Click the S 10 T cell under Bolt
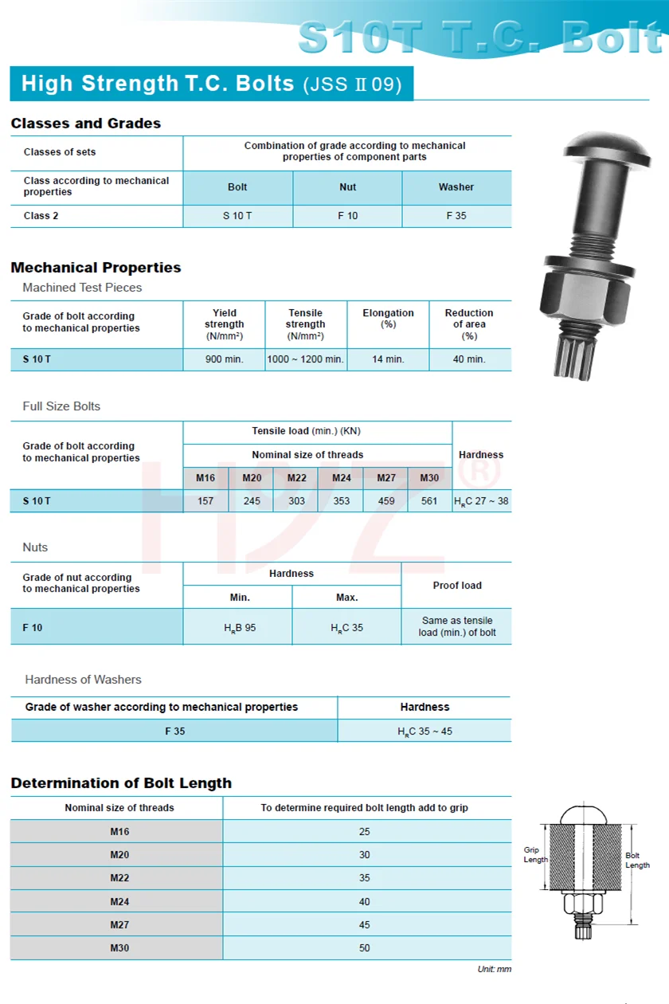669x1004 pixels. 237,216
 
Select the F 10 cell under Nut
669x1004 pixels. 347,216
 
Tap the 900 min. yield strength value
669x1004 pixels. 224,359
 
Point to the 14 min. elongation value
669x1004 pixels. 388,359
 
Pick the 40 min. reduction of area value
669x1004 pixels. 469,359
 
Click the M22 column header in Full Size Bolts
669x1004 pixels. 295,478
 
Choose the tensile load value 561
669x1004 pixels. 429,501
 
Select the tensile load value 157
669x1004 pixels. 205,501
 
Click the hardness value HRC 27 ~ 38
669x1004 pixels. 481,501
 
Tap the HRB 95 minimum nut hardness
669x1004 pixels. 240,628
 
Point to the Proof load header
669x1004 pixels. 457,586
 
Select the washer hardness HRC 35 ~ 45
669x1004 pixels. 424,731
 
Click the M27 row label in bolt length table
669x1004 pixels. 119,925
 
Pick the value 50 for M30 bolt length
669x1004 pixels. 364,948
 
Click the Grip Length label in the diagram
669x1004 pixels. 535,855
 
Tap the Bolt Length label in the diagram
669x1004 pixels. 637,861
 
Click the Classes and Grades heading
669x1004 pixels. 86,124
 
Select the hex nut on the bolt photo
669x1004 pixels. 581,296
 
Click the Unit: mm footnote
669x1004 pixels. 495,969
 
